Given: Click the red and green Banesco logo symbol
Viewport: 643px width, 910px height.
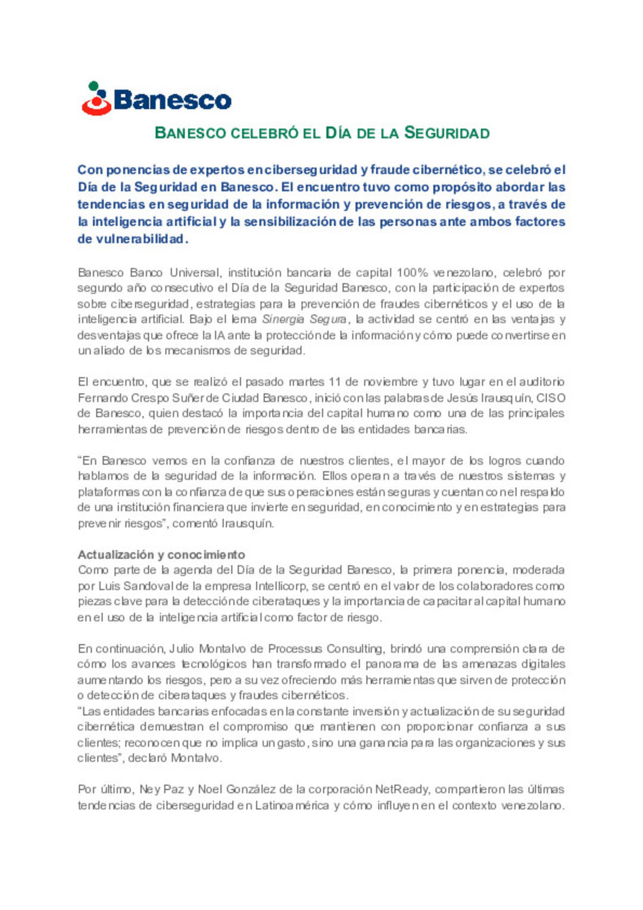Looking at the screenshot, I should point(96,99).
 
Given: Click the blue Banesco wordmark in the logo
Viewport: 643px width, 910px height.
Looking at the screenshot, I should point(172,100).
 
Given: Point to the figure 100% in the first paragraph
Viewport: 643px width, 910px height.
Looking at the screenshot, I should point(412,273).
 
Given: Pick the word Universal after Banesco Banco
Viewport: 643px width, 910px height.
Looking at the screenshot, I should point(195,273).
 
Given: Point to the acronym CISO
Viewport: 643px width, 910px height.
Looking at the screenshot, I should point(551,398).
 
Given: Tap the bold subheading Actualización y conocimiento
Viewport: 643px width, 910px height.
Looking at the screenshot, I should point(161,554).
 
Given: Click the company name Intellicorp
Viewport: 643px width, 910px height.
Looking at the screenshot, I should point(281,586).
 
